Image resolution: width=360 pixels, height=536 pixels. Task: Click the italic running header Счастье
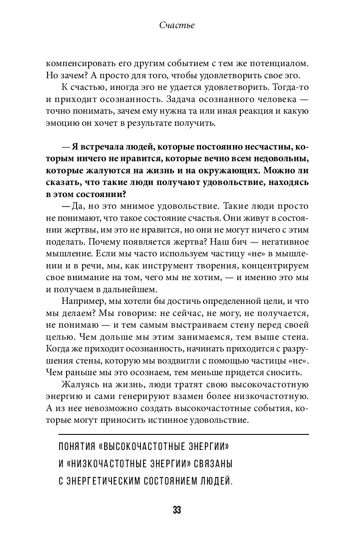(x=177, y=25)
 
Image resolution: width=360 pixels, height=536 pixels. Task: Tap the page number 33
(x=177, y=510)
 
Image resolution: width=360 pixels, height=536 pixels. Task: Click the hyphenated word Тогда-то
(x=290, y=87)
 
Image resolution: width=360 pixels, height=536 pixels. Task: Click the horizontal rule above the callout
(x=183, y=434)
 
